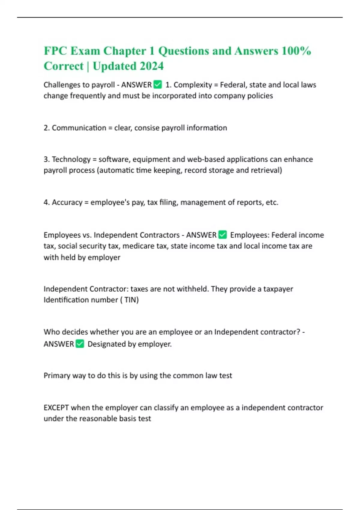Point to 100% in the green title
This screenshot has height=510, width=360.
(x=296, y=51)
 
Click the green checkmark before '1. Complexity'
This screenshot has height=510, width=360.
(x=157, y=85)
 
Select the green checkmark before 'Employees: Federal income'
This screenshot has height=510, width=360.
(x=223, y=235)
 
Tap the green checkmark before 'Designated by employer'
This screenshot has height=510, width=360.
(x=80, y=344)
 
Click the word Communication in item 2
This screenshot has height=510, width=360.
(x=79, y=128)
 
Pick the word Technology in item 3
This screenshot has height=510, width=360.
(x=71, y=159)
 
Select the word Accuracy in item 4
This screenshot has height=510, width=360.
(x=67, y=202)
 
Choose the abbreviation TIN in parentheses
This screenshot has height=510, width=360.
(x=131, y=300)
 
